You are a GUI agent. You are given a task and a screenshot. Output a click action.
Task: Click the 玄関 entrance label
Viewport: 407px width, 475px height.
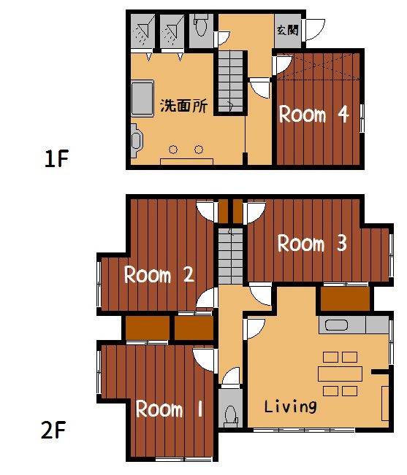pos(287,30)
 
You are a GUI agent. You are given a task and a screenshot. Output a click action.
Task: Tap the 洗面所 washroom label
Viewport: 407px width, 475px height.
pos(184,106)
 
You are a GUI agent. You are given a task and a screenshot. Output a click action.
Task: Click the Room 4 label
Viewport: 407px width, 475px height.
pos(313,115)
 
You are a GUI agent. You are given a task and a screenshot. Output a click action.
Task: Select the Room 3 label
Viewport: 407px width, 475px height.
pos(312,243)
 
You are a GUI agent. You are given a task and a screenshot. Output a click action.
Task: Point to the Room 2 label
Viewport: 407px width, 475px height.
pos(159,275)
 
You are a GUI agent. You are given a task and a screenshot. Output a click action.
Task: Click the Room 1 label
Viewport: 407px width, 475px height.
pos(169,409)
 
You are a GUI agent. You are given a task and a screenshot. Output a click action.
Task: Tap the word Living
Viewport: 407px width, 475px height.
pos(290,406)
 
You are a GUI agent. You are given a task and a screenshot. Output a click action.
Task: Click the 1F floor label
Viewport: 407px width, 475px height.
pos(56,158)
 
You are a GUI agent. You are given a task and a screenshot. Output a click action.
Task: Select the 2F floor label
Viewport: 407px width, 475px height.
pos(54,430)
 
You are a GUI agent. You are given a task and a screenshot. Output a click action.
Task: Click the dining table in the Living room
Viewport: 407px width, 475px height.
pos(340,374)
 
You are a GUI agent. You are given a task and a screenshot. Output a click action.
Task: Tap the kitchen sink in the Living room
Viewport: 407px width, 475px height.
pos(336,325)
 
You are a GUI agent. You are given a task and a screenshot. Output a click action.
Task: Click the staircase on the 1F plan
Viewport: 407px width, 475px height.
pos(231,82)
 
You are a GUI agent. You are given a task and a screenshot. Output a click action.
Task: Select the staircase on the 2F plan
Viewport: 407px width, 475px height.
pos(231,256)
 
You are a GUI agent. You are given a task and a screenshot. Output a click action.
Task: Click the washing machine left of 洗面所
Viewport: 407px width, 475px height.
pos(142,98)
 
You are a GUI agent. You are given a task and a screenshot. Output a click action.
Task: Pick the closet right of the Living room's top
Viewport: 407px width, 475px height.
pos(345,299)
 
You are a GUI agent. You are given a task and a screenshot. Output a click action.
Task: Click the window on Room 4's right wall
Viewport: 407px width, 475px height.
pos(362,118)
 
